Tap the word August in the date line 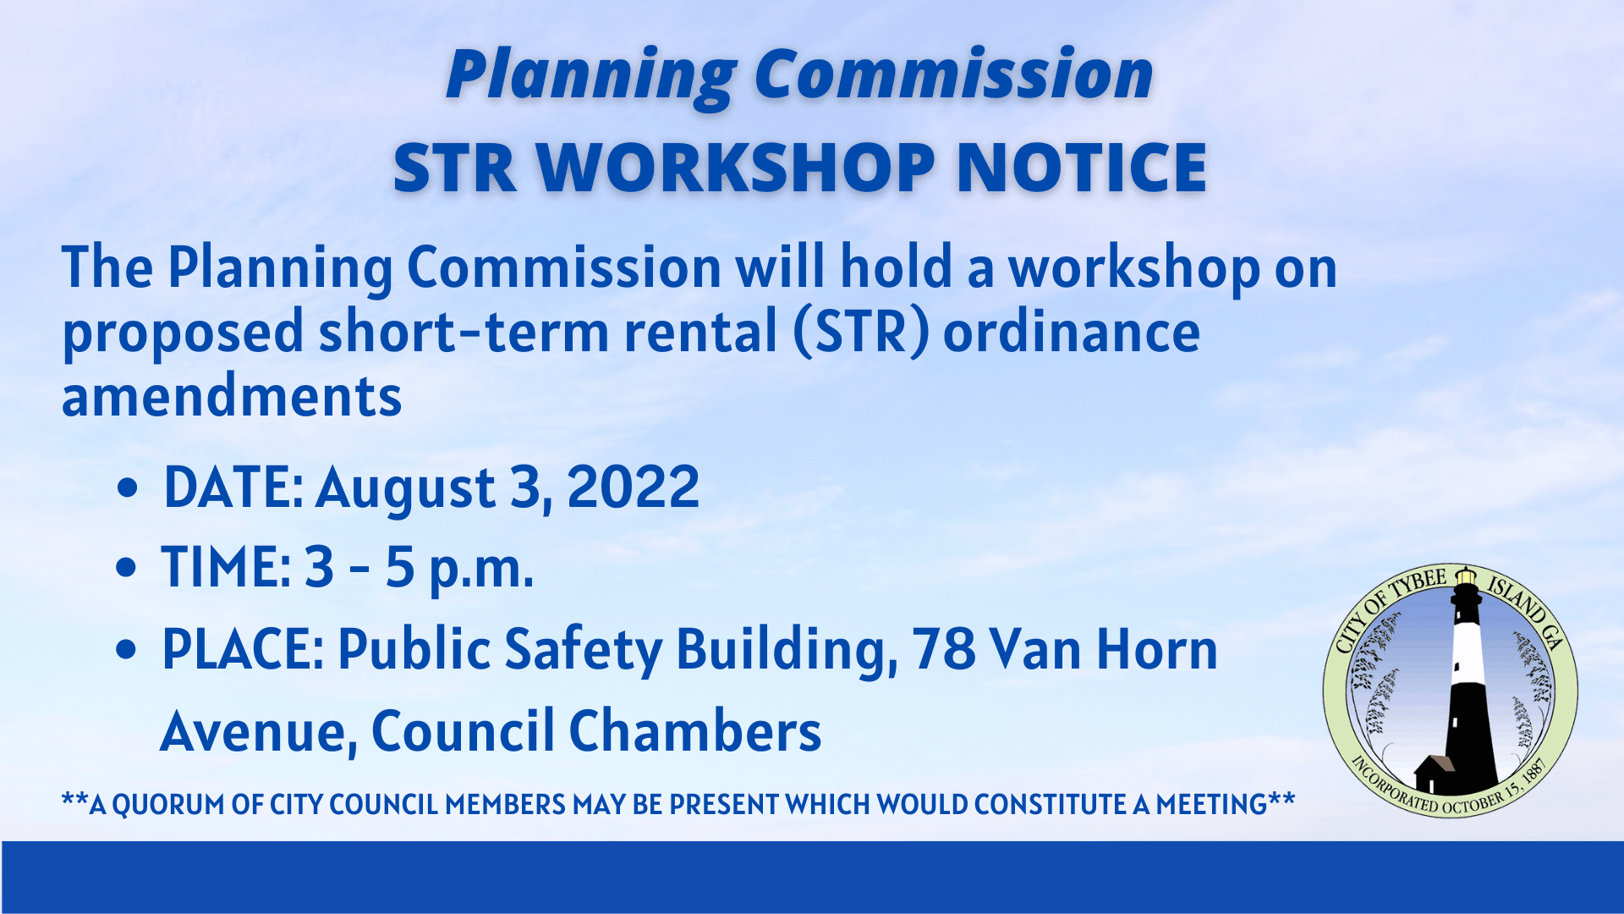(406, 487)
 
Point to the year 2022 (633, 487)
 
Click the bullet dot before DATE (128, 488)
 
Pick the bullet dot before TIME (126, 568)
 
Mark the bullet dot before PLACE (126, 650)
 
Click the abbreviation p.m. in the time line (480, 569)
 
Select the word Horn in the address (1156, 650)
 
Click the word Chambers (694, 731)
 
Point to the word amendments (232, 396)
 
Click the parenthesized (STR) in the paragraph (861, 332)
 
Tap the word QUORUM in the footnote (169, 804)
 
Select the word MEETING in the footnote (1210, 804)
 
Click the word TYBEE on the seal (1418, 584)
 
